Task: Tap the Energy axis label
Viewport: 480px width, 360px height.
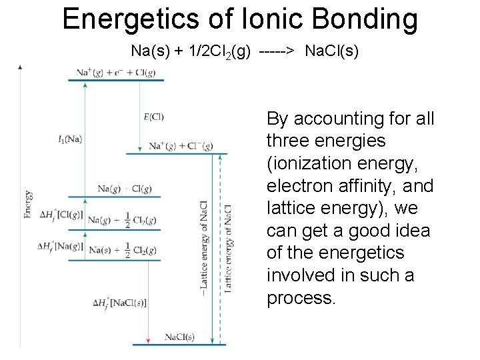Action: point(28,204)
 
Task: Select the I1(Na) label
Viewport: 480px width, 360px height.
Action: point(71,139)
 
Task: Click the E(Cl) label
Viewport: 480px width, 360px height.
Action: point(153,117)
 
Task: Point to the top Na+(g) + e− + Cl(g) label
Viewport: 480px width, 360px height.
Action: point(116,73)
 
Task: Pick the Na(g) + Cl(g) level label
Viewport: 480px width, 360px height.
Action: point(124,189)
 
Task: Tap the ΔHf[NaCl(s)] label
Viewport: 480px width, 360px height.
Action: point(120,303)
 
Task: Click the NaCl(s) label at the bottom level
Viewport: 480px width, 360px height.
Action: point(180,337)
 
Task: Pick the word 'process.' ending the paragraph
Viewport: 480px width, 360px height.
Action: point(300,298)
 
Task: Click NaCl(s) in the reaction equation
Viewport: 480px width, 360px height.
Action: point(331,51)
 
